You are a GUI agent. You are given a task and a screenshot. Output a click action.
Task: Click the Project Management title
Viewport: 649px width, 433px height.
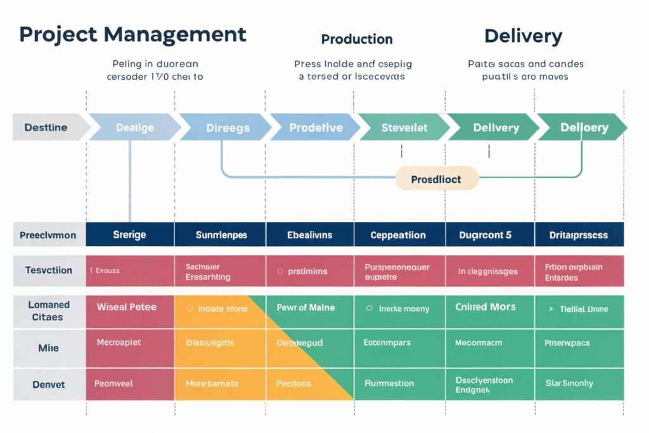132,35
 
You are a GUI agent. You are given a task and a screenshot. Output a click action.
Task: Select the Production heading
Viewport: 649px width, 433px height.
357,39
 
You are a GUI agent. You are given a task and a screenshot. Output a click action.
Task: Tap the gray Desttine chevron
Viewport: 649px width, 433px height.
48,127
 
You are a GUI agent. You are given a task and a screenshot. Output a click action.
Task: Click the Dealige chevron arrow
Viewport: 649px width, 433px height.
134,127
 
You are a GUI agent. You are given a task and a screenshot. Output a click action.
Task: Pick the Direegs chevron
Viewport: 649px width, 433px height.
228,127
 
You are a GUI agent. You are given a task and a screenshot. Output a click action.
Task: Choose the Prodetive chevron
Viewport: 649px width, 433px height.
316,127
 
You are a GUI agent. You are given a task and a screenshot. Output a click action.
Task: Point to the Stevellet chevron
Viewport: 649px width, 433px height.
404,127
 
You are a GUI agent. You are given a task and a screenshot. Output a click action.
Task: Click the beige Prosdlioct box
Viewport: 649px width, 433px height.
436,179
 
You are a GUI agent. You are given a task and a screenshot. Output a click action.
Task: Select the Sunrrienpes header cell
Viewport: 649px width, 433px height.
221,235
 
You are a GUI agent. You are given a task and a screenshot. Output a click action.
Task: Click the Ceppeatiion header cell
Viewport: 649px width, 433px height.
398,235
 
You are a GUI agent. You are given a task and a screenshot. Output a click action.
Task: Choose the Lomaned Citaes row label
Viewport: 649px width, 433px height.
49,311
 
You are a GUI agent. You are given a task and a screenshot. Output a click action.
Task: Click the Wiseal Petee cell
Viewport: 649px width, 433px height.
127,307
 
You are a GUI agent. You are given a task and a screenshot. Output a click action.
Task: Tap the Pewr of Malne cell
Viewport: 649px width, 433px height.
305,307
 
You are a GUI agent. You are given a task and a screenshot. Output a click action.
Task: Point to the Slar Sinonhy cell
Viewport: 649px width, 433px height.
569,383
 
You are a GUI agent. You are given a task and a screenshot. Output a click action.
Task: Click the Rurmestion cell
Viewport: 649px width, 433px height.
389,383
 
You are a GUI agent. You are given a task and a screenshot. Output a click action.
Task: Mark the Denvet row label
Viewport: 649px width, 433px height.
49,384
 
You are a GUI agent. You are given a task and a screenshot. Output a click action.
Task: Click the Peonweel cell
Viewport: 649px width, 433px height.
115,384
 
